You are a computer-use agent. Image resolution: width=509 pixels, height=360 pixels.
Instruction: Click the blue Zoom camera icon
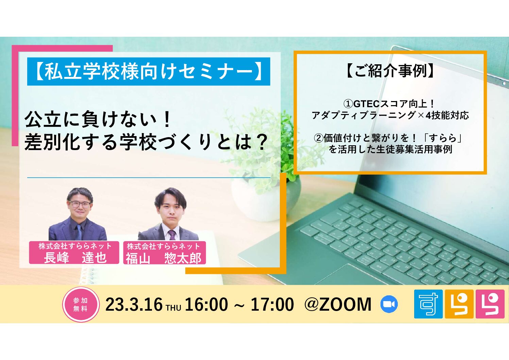(389, 304)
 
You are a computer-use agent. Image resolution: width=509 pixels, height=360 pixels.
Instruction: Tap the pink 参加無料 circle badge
(81, 305)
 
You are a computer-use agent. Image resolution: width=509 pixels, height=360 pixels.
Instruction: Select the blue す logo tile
(428, 304)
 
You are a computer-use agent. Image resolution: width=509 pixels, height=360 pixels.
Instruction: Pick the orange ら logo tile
(459, 304)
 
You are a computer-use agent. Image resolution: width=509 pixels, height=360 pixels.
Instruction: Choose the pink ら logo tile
(490, 304)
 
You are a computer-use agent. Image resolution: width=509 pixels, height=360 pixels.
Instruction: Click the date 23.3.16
(134, 305)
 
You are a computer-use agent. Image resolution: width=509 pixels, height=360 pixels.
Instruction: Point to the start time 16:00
(206, 305)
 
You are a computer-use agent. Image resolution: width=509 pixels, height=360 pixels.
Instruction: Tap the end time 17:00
(272, 305)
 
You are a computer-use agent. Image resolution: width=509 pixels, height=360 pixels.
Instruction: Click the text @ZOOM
(338, 305)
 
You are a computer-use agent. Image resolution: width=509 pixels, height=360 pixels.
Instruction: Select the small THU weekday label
(174, 308)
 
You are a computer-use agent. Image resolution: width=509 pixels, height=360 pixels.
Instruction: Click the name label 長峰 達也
(75, 258)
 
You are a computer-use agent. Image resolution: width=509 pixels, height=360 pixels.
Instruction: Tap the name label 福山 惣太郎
(164, 258)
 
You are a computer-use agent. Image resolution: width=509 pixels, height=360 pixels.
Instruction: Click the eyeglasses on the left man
(80, 204)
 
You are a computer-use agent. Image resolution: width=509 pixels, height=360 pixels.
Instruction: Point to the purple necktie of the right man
(172, 235)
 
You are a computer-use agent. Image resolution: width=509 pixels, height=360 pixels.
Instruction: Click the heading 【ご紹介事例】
(390, 71)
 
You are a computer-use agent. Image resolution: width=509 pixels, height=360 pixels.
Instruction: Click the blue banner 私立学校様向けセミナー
(149, 71)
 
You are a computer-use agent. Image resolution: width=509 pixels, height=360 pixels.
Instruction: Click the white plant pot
(266, 197)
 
